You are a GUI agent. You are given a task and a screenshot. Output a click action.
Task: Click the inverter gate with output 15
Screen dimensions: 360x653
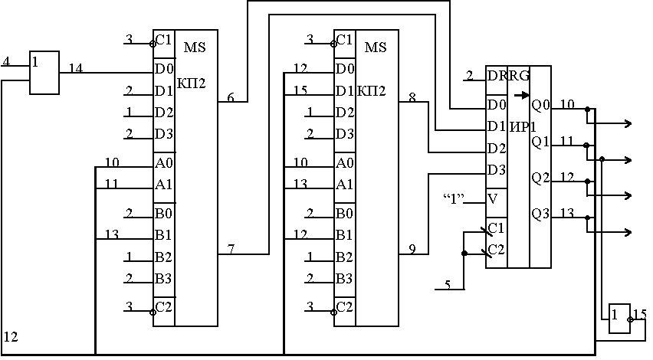[x=619, y=318]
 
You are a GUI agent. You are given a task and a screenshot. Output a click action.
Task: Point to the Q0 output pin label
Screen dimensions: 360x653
[x=540, y=104]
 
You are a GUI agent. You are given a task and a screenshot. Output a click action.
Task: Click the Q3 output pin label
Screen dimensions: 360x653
[x=540, y=214]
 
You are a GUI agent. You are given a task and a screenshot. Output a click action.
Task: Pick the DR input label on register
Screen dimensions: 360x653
[x=497, y=76]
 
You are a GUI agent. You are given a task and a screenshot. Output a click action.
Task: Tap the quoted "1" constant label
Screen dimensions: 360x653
[x=454, y=200]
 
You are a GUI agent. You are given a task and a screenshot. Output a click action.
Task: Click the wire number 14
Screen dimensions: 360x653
[x=76, y=68]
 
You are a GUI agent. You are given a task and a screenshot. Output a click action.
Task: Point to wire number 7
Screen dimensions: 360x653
[x=231, y=250]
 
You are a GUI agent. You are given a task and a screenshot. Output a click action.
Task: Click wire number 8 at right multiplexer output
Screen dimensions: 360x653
[x=412, y=97]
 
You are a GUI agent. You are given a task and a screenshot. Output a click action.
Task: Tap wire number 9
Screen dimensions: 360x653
[x=412, y=249]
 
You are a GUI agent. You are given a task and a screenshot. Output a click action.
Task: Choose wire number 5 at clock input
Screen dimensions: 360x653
[x=448, y=286]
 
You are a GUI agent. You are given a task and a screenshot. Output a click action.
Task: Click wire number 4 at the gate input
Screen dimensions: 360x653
[x=6, y=61]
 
